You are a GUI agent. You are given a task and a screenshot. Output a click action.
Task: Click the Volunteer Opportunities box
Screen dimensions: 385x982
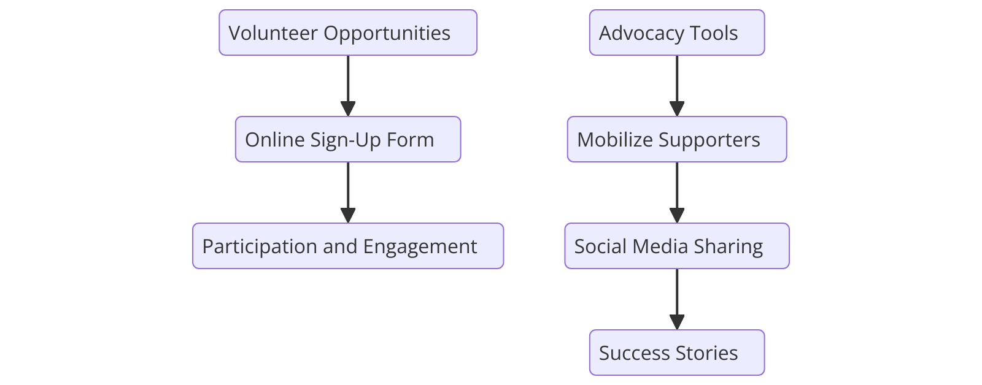click(348, 32)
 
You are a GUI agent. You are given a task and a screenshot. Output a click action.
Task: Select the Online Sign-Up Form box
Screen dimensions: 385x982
click(348, 139)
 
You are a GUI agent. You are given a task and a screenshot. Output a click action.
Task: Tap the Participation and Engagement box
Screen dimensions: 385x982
click(348, 246)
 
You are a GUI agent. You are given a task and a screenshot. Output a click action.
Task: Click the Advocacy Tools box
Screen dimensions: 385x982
click(677, 32)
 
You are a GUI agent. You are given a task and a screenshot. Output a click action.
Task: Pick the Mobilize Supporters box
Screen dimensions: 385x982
click(677, 139)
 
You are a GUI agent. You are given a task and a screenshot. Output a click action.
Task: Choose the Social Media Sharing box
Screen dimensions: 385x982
click(677, 246)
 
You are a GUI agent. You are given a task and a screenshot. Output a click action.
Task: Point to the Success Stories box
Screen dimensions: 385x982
click(677, 353)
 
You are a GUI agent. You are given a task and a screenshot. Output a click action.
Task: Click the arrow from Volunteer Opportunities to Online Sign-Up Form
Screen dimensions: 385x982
click(348, 86)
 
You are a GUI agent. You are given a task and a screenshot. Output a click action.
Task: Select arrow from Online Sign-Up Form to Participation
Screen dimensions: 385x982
click(348, 192)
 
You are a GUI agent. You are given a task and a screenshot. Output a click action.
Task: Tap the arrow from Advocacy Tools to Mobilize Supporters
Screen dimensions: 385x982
click(677, 86)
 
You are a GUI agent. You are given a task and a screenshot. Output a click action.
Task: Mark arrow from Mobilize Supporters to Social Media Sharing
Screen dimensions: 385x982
click(677, 192)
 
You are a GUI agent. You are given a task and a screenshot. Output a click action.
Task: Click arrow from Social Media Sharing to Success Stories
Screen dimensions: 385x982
click(677, 299)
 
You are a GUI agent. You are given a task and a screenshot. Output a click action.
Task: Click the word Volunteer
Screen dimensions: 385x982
click(273, 33)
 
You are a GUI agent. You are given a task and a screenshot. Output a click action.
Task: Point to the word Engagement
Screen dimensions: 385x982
click(420, 246)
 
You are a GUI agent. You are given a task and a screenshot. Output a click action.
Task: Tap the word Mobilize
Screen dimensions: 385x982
click(615, 140)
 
